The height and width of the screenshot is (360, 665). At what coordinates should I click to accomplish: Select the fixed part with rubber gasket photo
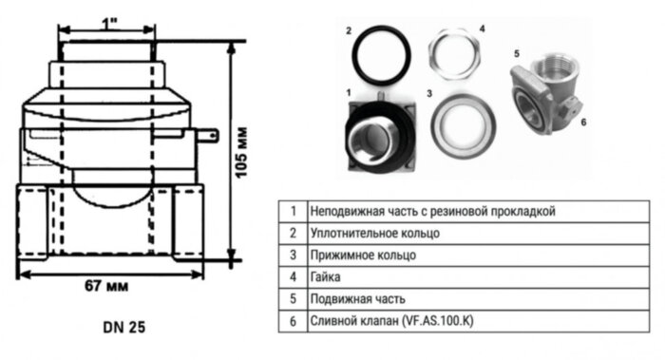(377, 132)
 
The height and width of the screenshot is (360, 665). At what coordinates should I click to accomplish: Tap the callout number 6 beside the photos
(581, 122)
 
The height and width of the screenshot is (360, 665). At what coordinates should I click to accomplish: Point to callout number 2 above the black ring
(350, 30)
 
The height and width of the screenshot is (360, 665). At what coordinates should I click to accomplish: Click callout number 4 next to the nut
(482, 29)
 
